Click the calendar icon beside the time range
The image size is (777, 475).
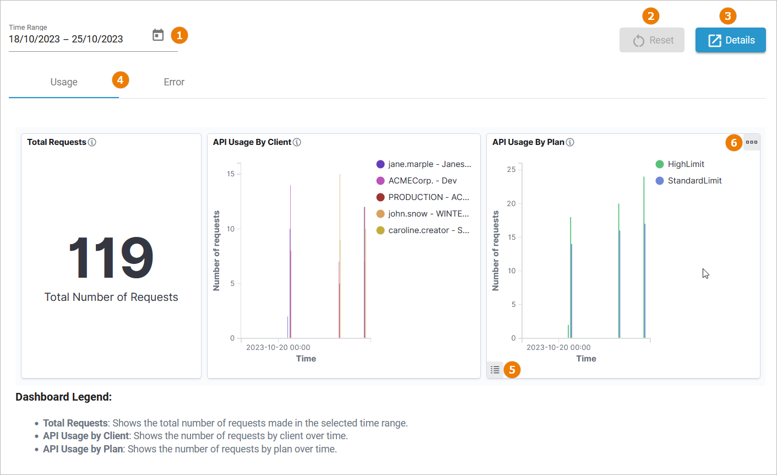(158, 35)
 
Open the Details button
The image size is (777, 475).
(730, 40)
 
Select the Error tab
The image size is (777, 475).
(174, 82)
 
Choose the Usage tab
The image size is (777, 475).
(64, 82)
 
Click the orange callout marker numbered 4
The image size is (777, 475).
(120, 80)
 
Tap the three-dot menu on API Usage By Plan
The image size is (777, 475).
(752, 142)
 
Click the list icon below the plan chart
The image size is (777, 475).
(495, 370)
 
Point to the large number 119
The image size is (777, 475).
(111, 258)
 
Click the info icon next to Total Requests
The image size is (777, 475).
(92, 142)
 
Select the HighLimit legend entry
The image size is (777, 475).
(686, 164)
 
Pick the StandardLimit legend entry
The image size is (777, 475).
(694, 181)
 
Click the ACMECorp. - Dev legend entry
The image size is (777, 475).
(422, 181)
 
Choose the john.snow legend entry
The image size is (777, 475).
(428, 214)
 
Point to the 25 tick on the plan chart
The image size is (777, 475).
(512, 169)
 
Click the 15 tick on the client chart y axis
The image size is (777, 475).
(231, 174)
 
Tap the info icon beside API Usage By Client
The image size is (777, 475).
(297, 142)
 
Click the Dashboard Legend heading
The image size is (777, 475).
(63, 397)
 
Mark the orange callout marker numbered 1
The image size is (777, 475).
(180, 35)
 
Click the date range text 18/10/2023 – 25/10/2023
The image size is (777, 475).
(66, 39)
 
